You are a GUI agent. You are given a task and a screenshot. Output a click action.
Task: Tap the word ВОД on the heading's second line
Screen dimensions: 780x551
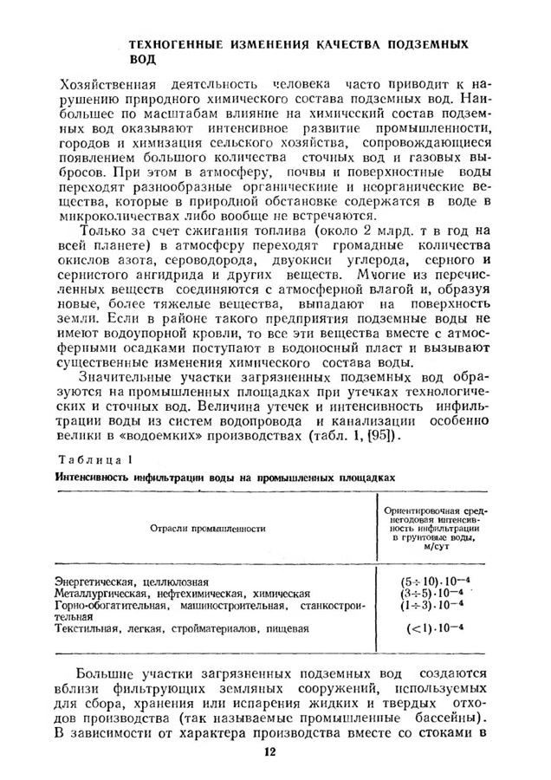pos(142,61)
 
